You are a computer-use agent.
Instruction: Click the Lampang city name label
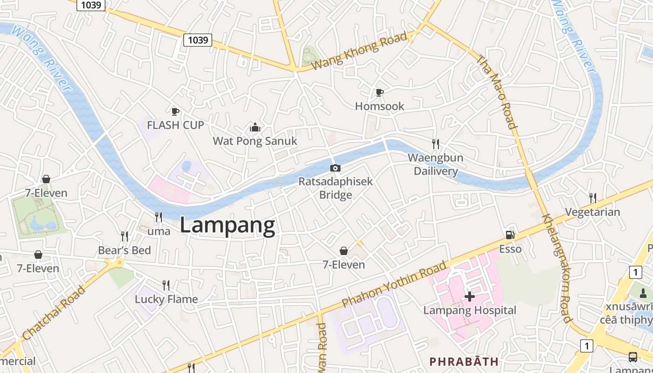[228, 226]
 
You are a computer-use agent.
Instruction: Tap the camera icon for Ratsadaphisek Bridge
[335, 168]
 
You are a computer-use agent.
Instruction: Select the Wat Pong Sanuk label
[255, 141]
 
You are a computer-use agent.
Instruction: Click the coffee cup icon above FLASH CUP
[175, 111]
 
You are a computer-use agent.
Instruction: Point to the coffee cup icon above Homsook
[379, 92]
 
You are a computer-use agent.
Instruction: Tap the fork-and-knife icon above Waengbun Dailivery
[435, 144]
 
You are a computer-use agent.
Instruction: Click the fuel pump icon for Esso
[510, 235]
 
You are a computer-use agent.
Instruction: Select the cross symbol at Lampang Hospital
[470, 297]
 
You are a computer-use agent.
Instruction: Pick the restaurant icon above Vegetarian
[592, 198]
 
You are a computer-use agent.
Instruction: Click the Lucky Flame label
[167, 299]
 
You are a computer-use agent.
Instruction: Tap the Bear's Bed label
[125, 250]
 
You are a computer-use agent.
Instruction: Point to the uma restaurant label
[159, 231]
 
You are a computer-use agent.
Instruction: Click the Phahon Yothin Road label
[394, 284]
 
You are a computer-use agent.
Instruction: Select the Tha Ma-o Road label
[497, 92]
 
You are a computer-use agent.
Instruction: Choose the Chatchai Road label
[54, 312]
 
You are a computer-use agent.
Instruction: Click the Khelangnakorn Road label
[558, 269]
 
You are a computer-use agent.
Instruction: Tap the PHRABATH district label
[464, 361]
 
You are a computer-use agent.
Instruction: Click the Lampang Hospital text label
[470, 311]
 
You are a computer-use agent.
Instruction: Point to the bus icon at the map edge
[632, 357]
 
